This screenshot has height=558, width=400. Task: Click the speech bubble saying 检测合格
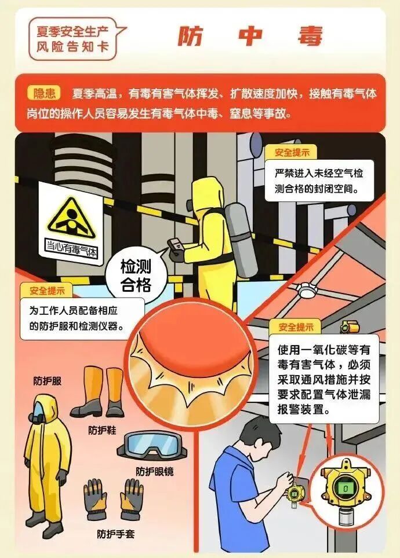[x=136, y=275]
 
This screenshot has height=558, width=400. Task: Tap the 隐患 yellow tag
[x=44, y=93]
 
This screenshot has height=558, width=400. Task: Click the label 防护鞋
[x=102, y=430]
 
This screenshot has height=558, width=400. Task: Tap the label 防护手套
[x=115, y=534]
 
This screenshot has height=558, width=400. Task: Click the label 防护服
[x=48, y=381]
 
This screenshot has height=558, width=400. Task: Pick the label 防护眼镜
[x=155, y=472]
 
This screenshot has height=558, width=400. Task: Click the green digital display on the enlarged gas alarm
[x=345, y=489]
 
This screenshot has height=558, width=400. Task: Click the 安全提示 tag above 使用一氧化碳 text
[x=296, y=326]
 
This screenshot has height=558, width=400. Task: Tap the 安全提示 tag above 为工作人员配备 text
[x=47, y=291]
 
